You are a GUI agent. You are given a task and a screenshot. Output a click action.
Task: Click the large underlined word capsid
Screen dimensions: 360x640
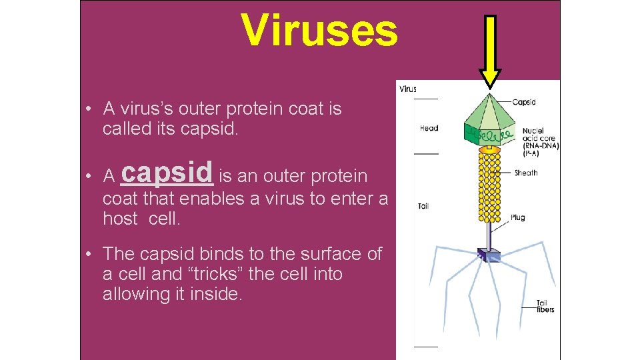[168, 172]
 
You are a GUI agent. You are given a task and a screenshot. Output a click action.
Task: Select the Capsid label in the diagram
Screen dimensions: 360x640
[524, 102]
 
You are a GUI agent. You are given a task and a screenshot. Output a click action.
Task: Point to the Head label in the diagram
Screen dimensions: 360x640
[429, 128]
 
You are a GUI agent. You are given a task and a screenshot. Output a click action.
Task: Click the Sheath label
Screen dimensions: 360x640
[526, 173]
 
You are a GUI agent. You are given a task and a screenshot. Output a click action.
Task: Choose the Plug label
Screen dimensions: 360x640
[518, 217]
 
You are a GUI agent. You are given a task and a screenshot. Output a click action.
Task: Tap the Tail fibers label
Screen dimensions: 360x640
[546, 306]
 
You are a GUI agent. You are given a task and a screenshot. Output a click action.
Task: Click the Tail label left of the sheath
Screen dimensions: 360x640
[423, 207]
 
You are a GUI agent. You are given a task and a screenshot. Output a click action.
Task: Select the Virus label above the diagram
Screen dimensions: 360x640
[408, 89]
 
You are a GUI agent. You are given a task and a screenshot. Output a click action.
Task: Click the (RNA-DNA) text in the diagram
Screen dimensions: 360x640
[541, 145]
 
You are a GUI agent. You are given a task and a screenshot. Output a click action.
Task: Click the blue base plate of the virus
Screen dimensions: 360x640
[488, 254]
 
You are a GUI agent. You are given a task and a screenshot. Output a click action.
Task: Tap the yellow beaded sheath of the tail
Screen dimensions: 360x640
[490, 187]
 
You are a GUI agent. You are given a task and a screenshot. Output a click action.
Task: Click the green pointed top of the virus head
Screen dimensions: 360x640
[489, 107]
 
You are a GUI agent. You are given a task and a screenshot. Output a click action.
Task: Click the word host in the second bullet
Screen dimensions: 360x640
[120, 218]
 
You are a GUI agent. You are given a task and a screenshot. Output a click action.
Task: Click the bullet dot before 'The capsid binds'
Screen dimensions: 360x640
[87, 255]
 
